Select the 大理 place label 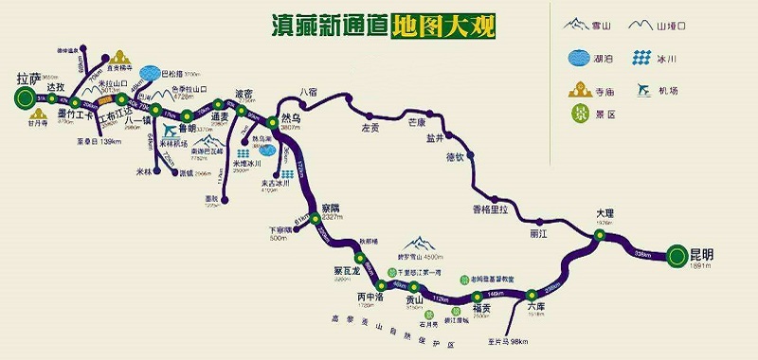(x=605, y=214)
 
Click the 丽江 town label (x=540, y=232)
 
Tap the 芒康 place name (x=420, y=122)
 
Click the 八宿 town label (x=309, y=92)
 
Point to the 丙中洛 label (x=370, y=297)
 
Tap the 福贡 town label (x=480, y=307)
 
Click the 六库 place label (x=535, y=306)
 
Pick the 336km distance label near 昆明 (x=642, y=254)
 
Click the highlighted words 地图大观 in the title (x=442, y=24)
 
